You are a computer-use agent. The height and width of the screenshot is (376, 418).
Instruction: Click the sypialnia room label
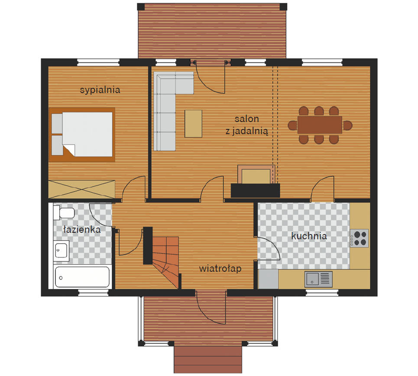tap(100, 90)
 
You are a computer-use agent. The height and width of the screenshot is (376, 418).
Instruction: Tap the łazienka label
tap(82, 229)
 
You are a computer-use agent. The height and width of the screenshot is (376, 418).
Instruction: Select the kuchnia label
tap(309, 236)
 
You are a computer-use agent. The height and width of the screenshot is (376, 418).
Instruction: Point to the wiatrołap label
tap(220, 268)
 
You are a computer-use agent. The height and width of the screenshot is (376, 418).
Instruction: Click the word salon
tap(246, 119)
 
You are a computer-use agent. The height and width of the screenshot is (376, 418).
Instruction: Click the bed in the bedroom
tap(82, 135)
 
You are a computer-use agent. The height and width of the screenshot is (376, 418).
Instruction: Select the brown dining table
tap(320, 125)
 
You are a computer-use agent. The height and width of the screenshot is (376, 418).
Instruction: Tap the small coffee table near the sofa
tap(193, 124)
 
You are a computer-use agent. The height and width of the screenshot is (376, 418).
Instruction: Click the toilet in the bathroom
tap(64, 212)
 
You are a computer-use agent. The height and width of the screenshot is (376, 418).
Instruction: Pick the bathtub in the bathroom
tap(82, 277)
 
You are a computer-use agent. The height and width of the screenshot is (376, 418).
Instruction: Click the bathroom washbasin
tap(62, 251)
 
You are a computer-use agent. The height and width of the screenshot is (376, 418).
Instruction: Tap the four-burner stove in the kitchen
tap(359, 238)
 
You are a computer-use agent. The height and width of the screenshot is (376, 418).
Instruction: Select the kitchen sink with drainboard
tap(318, 280)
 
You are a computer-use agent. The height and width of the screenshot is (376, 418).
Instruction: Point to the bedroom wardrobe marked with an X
tap(82, 190)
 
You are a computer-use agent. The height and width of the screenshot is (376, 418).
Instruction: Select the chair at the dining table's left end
tap(292, 125)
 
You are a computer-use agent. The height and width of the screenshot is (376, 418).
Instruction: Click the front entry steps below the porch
tap(208, 360)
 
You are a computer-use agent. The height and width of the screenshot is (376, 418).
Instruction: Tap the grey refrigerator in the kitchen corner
tap(268, 279)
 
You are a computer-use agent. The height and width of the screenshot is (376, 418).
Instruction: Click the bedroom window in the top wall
tap(98, 63)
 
